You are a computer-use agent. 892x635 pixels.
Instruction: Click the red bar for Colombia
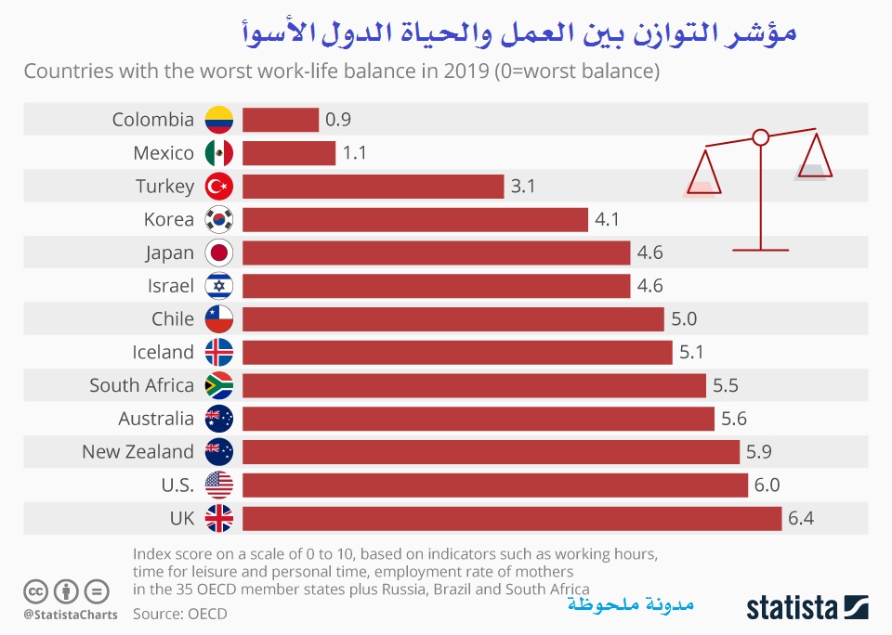coord(281,120)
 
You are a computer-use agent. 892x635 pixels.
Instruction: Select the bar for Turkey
coord(373,187)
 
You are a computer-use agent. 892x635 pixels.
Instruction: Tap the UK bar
coord(512,518)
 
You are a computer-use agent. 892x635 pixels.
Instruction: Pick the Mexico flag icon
coord(219,153)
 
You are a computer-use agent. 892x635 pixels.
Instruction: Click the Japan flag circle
coord(219,253)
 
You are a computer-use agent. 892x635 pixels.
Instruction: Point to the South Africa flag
coord(219,385)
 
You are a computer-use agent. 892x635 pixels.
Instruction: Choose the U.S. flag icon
coord(219,485)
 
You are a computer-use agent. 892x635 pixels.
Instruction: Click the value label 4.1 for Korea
coord(607,220)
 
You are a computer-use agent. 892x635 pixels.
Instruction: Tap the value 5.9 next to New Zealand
coord(759,452)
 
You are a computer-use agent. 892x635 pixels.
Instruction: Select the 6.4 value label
coord(801,518)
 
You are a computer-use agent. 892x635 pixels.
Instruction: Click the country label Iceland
coord(163,352)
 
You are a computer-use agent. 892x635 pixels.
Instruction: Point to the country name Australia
coord(156,419)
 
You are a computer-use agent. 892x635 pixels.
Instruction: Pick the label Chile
coord(173,319)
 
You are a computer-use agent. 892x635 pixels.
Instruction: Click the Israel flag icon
coord(219,286)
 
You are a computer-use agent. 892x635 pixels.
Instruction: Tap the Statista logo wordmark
coord(791,608)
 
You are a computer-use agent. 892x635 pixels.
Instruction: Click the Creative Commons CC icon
coord(36,590)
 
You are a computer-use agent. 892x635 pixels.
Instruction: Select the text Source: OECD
coord(179,614)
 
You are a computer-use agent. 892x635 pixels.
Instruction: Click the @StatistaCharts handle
coord(71,614)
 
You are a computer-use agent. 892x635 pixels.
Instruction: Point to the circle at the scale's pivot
coord(760,137)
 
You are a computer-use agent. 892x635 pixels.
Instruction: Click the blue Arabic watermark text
coord(629,605)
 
